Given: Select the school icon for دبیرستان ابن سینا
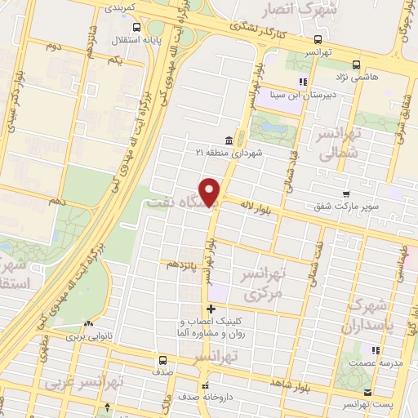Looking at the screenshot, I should (303, 82).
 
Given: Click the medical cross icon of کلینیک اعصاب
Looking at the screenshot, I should (211, 309).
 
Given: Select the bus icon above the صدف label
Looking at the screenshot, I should (163, 359).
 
